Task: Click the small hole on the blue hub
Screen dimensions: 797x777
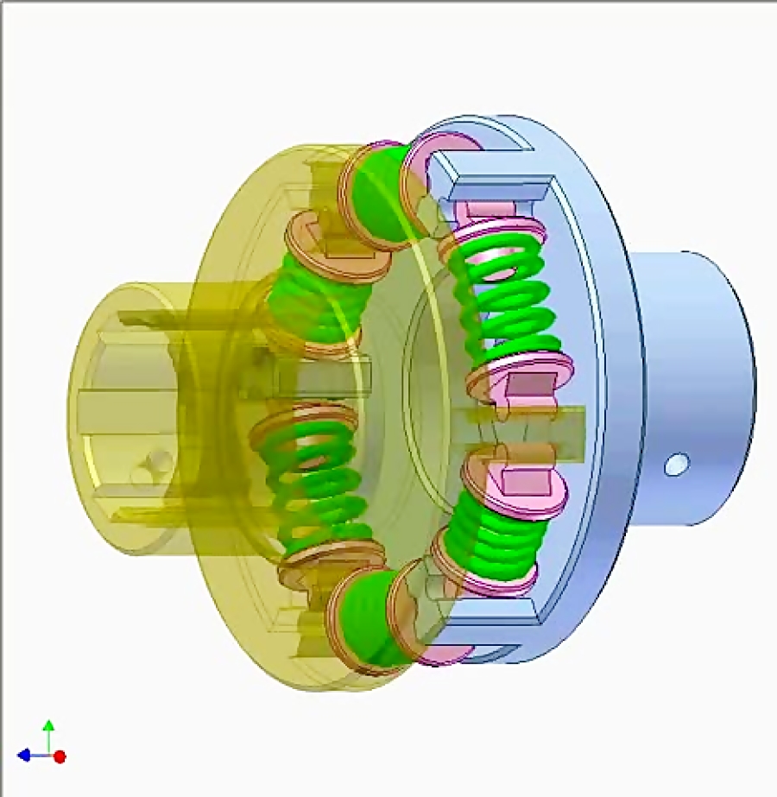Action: point(677,465)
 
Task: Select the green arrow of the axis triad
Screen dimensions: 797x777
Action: point(49,730)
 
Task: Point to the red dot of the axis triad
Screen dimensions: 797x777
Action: point(60,756)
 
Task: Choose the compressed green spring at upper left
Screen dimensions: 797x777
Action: point(311,302)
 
